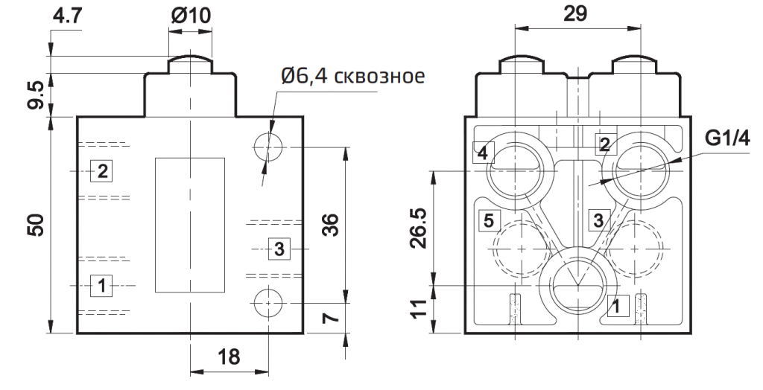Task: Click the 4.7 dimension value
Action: tap(69, 16)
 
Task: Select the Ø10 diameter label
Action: tap(190, 16)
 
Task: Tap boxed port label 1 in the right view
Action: tap(616, 304)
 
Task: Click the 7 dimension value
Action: tap(334, 318)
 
